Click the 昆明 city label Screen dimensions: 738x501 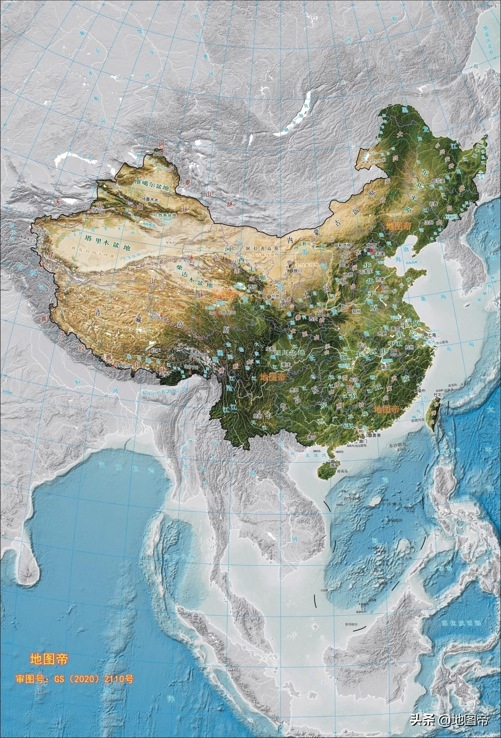[x=257, y=415]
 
